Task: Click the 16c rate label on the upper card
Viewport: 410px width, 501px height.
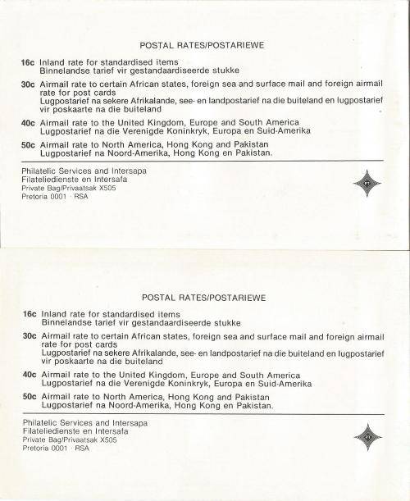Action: pos(30,62)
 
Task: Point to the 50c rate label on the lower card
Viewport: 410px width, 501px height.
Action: pos(30,396)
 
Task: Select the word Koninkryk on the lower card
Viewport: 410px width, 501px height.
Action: pos(187,384)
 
